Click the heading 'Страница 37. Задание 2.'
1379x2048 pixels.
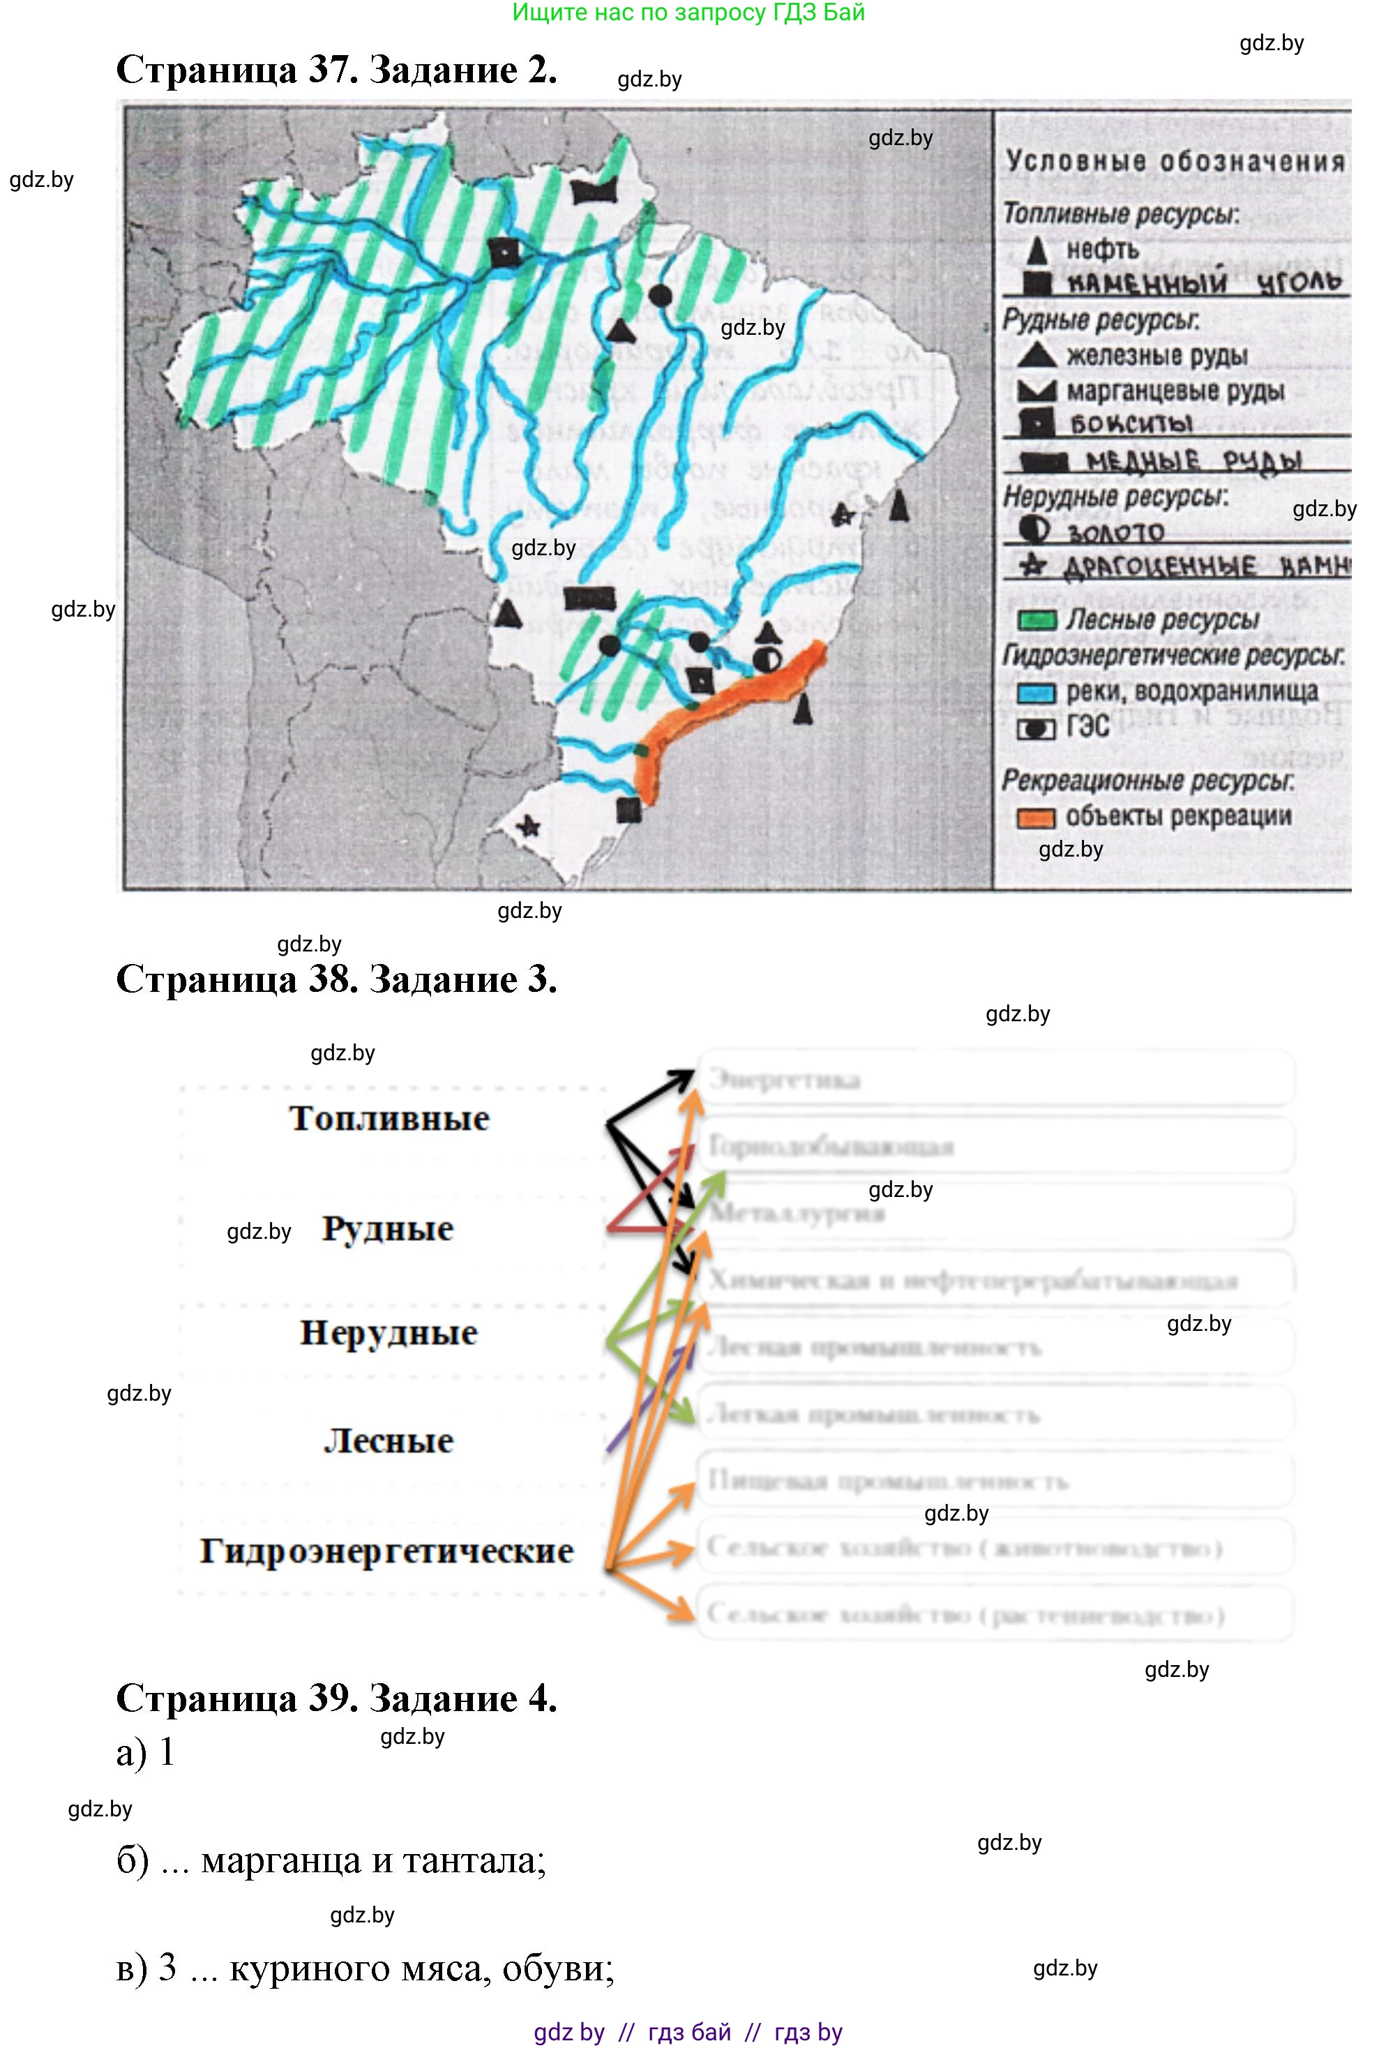pyautogui.click(x=336, y=70)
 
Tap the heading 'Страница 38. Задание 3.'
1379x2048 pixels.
pyautogui.click(x=336, y=979)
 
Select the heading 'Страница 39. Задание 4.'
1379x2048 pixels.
pyautogui.click(x=336, y=1697)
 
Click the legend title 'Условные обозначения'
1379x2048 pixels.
pyautogui.click(x=1174, y=162)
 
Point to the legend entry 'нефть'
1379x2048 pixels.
pyautogui.click(x=1102, y=250)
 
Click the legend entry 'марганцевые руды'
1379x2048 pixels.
pyautogui.click(x=1175, y=391)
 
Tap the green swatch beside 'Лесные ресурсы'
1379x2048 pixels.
pyautogui.click(x=1036, y=621)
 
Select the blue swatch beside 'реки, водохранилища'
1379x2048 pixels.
pyautogui.click(x=1036, y=693)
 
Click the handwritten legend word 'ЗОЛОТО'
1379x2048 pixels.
pyautogui.click(x=1115, y=532)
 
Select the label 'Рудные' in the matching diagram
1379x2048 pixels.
pyautogui.click(x=388, y=1228)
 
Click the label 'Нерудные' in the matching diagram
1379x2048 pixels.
pyautogui.click(x=389, y=1333)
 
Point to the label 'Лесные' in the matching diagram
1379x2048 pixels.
pyautogui.click(x=389, y=1441)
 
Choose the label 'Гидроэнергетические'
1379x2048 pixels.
pyautogui.click(x=387, y=1551)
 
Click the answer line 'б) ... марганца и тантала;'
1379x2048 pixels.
pyautogui.click(x=331, y=1860)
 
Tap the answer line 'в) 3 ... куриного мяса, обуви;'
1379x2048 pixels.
pyautogui.click(x=365, y=1968)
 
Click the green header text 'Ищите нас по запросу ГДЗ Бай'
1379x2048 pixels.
pyautogui.click(x=688, y=13)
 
